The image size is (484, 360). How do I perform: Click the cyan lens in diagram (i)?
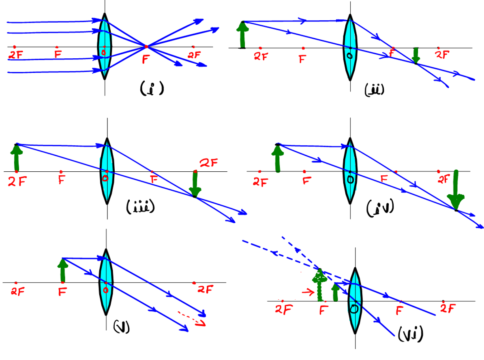[x=104, y=47]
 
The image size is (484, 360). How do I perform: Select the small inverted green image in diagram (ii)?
[x=415, y=56]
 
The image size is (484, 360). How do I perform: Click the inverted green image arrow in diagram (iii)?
[x=195, y=184]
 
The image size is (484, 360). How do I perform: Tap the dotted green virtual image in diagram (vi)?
[x=320, y=285]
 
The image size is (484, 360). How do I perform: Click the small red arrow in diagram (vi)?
[x=308, y=291]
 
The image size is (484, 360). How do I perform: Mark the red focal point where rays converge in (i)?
[x=146, y=47]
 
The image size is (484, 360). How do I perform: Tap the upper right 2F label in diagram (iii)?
[x=209, y=163]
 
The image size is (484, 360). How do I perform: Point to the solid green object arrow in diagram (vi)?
[x=335, y=292]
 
